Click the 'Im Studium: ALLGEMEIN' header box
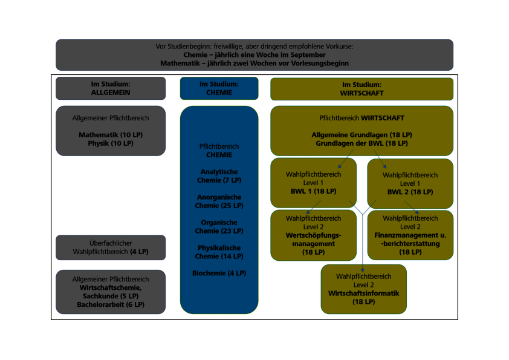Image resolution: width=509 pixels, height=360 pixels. [x=111, y=88]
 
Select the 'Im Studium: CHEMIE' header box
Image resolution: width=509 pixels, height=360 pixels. [x=219, y=88]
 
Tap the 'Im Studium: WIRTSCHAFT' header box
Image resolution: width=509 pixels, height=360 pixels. [x=361, y=88]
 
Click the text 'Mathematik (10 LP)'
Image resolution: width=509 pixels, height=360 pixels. [x=111, y=134]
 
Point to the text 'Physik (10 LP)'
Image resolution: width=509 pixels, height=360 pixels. [x=111, y=143]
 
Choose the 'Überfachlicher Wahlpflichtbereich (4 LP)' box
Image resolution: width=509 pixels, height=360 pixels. [x=111, y=247]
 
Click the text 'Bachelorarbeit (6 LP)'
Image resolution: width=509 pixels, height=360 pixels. [x=111, y=304]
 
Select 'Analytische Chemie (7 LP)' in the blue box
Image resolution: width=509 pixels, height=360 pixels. [x=219, y=176]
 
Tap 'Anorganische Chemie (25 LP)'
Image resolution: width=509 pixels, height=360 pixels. [x=219, y=201]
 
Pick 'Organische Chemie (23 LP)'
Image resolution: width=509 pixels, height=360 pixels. [x=219, y=227]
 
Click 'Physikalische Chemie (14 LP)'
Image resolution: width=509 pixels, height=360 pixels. [x=219, y=252]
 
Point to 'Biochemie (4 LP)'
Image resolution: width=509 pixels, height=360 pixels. [x=219, y=273]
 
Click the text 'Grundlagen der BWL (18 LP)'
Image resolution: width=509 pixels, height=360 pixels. [x=361, y=143]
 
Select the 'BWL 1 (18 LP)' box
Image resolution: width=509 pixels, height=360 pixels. [x=313, y=183]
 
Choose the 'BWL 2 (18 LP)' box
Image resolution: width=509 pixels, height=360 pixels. [x=410, y=183]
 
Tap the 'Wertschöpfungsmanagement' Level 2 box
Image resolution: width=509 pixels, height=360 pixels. [x=313, y=235]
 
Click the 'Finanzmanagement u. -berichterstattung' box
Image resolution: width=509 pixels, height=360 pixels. [x=410, y=235]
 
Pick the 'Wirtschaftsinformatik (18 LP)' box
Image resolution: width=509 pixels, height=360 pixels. [x=364, y=289]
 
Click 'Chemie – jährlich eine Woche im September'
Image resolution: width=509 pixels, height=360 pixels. [x=254, y=55]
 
